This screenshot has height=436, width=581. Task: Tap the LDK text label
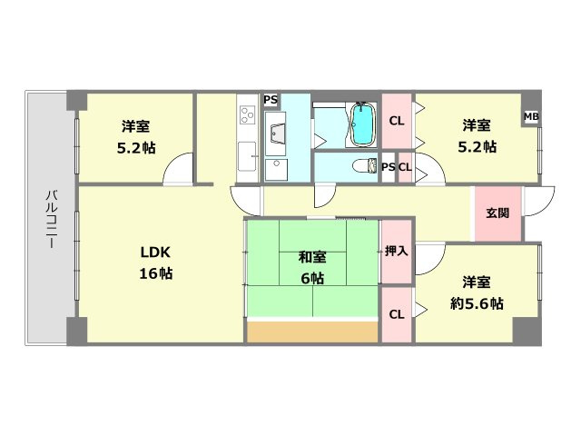tap(154, 252)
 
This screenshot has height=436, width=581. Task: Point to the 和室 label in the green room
tap(311, 257)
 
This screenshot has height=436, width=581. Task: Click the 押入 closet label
tap(396, 250)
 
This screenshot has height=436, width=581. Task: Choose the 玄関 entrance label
tap(497, 213)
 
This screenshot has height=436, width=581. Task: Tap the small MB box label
tap(531, 116)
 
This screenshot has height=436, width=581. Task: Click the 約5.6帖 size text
tap(478, 303)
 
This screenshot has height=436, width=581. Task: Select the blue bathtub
tap(362, 124)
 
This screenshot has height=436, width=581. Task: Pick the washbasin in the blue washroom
tap(277, 135)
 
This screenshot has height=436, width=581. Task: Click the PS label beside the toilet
tap(388, 167)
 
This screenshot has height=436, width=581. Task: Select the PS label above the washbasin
tap(271, 100)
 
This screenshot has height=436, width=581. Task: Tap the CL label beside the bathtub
tap(396, 121)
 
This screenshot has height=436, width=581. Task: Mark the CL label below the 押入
tap(396, 314)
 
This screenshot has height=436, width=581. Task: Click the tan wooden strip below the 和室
tap(311, 332)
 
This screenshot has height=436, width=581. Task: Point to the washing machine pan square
tap(278, 169)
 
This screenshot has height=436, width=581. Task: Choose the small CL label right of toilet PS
tap(404, 167)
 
